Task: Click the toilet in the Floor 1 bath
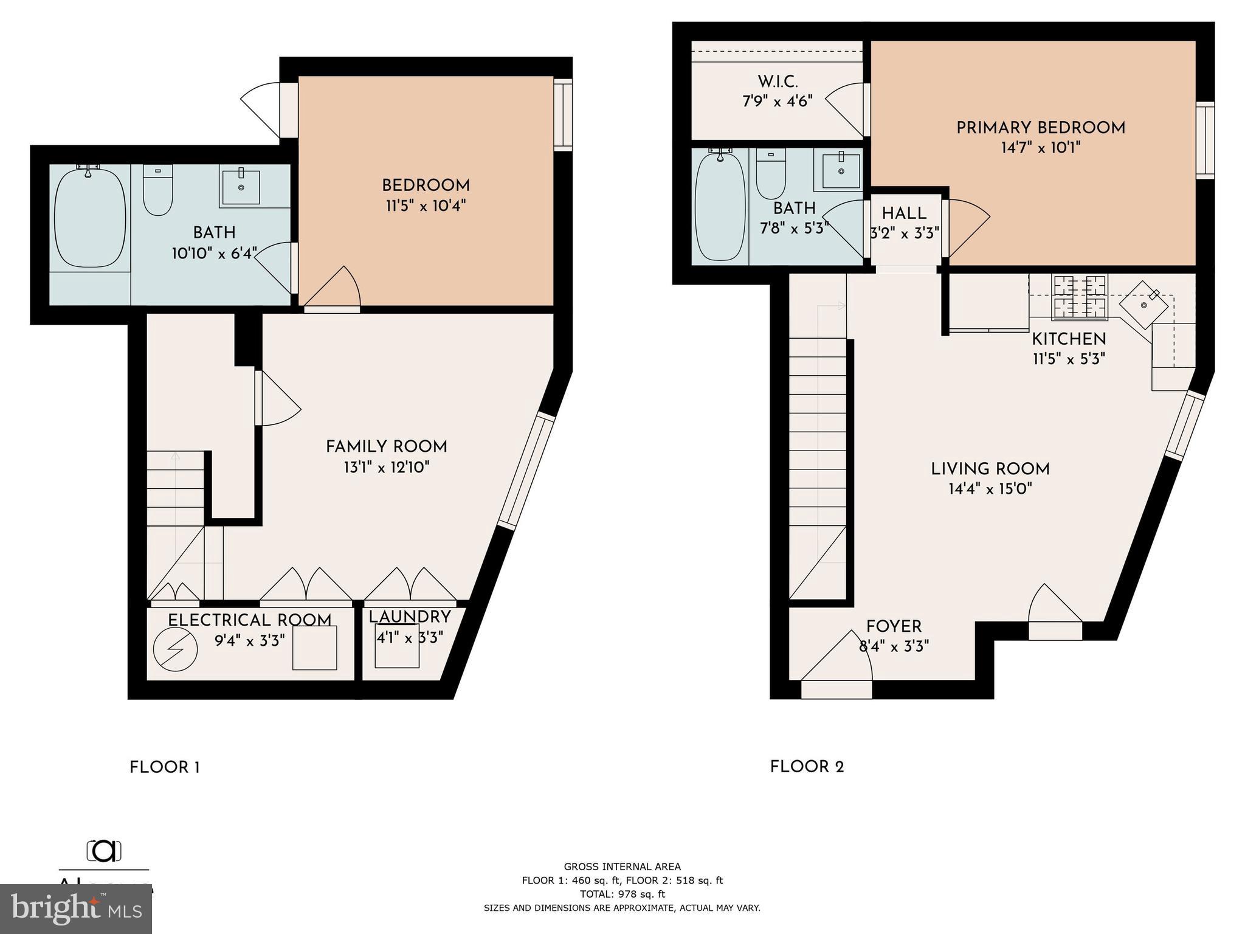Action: point(157,190)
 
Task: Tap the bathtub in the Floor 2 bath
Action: point(720,207)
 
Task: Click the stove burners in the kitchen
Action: point(1080,297)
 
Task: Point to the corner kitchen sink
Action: point(1143,305)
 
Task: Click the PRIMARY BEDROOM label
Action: point(1040,128)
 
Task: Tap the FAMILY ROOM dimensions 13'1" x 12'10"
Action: point(386,468)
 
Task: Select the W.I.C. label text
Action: point(778,81)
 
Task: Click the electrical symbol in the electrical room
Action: point(175,649)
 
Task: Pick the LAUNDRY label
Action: point(409,617)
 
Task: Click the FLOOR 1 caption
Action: point(165,767)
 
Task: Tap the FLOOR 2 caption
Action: point(807,767)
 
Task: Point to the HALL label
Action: point(904,213)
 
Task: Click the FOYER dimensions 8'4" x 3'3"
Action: point(894,646)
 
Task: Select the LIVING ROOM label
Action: point(990,469)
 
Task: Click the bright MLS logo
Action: point(75,908)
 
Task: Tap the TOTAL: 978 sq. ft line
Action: point(622,894)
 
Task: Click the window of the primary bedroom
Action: point(1204,140)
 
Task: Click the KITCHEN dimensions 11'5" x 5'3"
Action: point(1068,359)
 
